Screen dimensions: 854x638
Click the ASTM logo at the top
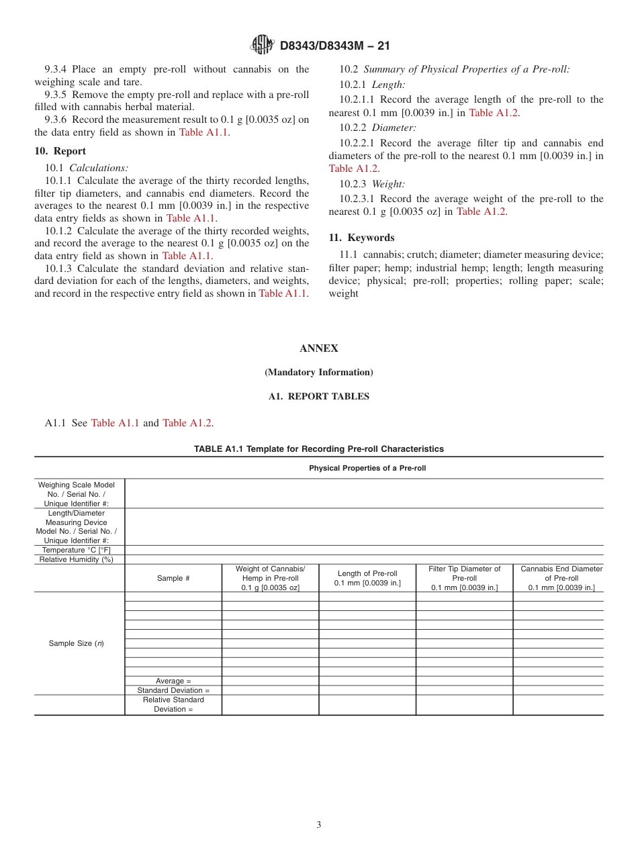tap(262, 45)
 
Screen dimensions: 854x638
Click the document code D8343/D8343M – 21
tap(334, 46)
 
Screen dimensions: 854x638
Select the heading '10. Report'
tap(60, 151)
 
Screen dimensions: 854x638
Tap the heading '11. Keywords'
tap(361, 238)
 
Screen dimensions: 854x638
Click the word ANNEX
tap(319, 348)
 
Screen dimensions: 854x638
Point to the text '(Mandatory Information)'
tap(319, 373)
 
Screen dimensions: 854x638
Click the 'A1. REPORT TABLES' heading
tap(319, 397)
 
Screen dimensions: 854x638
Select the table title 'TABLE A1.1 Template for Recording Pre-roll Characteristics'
tap(319, 448)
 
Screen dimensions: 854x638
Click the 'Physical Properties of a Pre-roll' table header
tap(367, 468)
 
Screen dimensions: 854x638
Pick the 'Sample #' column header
tap(173, 578)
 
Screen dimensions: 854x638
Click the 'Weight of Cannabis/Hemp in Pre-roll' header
tap(270, 578)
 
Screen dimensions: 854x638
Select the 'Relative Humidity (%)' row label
tap(76, 559)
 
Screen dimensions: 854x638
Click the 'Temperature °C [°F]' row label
tap(76, 550)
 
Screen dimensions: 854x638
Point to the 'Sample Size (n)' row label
tap(76, 643)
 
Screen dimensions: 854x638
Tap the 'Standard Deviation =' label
tap(173, 690)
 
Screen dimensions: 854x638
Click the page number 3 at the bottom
tap(319, 825)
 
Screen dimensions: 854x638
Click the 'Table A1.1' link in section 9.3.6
tap(204, 132)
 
